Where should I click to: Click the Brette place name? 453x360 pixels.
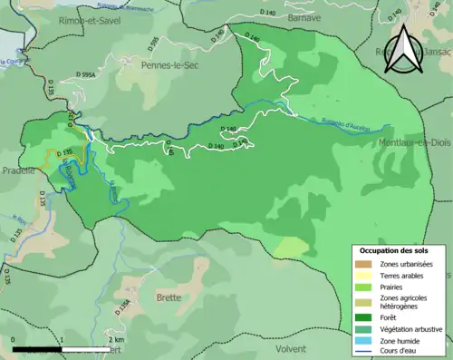[168, 297]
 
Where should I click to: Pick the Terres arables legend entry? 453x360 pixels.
[403, 276]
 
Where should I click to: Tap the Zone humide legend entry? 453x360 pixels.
[402, 341]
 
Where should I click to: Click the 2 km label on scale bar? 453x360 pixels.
[112, 339]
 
